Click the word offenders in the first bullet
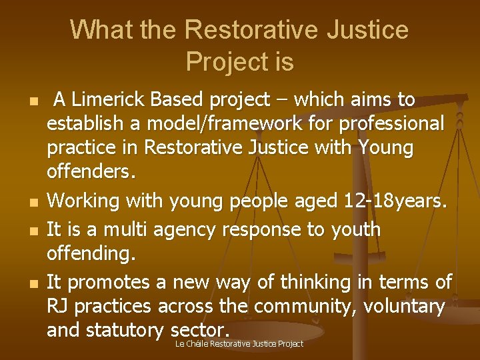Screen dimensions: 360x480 tap(90, 173)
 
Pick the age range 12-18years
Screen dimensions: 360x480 tap(393, 200)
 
